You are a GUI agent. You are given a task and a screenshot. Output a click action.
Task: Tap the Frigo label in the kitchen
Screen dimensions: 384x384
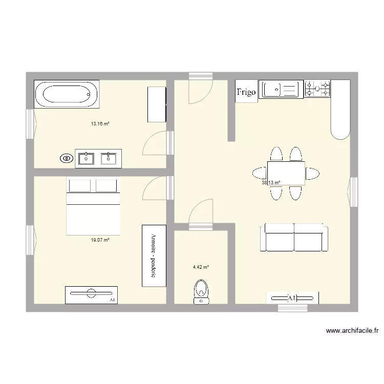pos(246,92)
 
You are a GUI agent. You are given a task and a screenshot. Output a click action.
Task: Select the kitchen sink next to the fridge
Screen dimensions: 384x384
pos(281,90)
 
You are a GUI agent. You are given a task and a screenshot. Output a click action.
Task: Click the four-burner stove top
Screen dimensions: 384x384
pos(317,89)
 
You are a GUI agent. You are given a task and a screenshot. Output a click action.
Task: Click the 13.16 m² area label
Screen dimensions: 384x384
pos(100,124)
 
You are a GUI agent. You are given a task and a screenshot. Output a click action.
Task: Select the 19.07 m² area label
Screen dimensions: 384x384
pos(100,239)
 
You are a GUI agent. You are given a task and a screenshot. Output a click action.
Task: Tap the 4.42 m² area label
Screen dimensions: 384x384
pos(201,267)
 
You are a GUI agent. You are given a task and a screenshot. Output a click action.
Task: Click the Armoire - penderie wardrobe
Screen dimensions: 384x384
pos(153,255)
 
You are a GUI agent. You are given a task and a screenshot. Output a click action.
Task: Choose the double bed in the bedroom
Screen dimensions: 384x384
pos(93,207)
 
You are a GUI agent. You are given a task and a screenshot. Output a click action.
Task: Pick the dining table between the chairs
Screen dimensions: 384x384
pos(286,173)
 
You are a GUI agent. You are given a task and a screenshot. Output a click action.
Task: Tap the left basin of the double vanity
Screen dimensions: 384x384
pos(87,159)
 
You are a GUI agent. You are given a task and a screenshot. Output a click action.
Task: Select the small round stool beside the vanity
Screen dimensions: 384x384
pos(66,159)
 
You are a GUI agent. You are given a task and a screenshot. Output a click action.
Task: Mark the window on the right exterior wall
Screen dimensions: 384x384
pos(353,192)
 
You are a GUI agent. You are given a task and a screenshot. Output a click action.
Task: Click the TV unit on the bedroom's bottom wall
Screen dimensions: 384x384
pos(91,294)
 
